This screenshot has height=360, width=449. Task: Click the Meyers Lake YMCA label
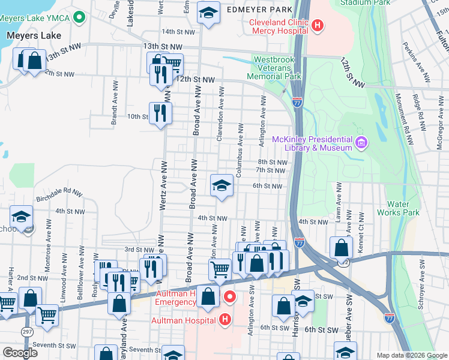[37, 18]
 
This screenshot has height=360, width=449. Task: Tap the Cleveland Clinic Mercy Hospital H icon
[319, 26]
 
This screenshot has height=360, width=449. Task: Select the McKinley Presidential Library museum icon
[361, 143]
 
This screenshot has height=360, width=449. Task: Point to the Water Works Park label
[398, 208]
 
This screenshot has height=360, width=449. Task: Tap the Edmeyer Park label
[260, 10]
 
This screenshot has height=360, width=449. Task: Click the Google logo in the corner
[20, 353]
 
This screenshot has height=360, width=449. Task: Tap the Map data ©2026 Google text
[411, 355]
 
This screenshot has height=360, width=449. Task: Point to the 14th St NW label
[178, 31]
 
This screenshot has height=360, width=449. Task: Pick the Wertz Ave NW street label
[163, 187]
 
